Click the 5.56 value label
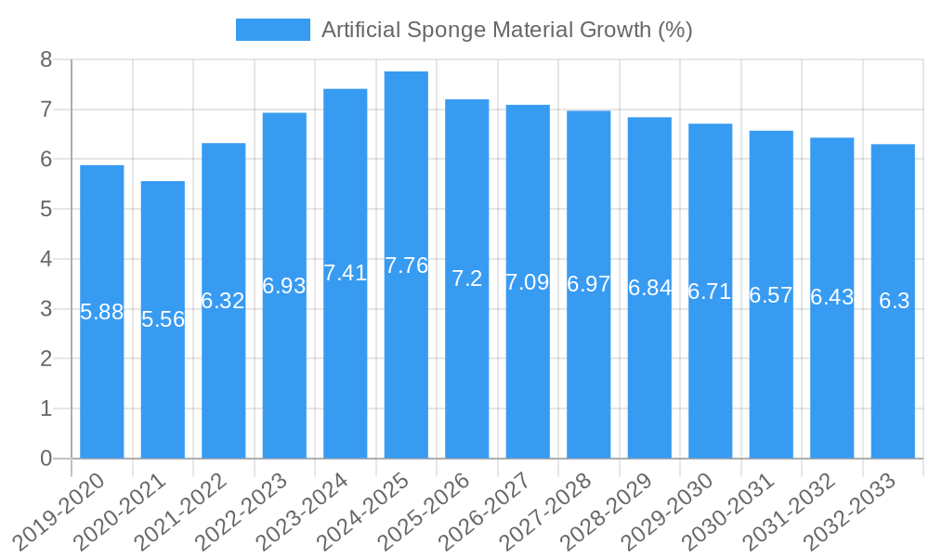click(163, 319)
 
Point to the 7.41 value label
click(346, 273)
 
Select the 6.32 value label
click(224, 301)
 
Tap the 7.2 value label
click(467, 278)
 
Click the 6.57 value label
click(771, 295)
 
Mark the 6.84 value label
click(649, 288)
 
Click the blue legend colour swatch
click(272, 30)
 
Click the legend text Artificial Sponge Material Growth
click(506, 30)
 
